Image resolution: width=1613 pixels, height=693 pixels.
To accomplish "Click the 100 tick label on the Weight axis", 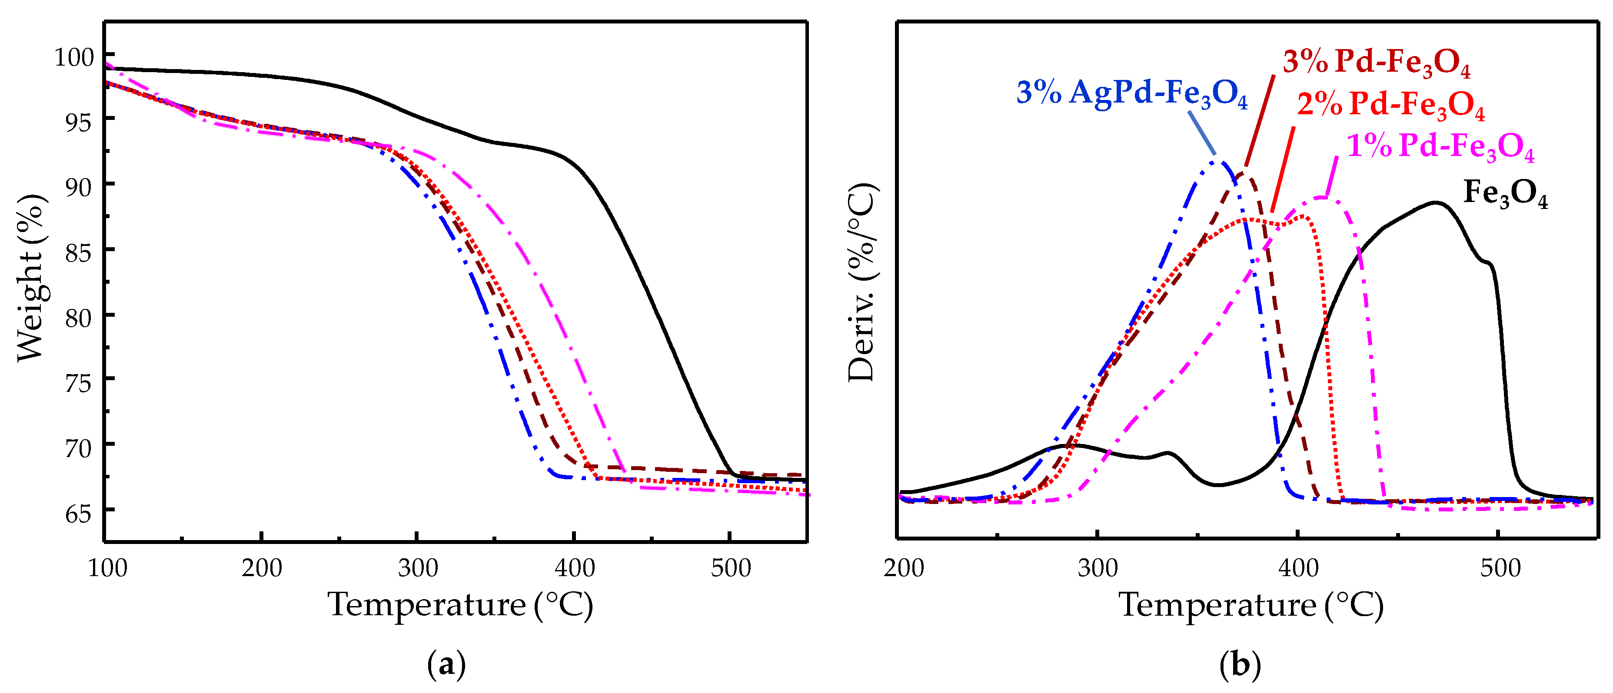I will click(x=74, y=58).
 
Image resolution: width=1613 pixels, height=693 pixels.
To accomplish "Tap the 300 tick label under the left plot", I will click(x=418, y=568).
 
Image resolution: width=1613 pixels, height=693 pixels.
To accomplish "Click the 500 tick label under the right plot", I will click(x=1500, y=568).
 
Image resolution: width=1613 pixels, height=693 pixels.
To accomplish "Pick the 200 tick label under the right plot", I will click(x=904, y=568).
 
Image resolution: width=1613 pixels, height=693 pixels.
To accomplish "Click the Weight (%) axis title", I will click(x=30, y=278).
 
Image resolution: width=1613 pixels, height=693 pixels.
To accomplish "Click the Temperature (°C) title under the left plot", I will click(x=460, y=605).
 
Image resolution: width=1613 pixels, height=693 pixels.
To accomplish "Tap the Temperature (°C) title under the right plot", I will click(x=1251, y=605).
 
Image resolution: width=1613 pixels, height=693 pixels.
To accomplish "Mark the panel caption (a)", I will click(x=446, y=665).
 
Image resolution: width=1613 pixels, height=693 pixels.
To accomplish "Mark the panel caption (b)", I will click(x=1240, y=665).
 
